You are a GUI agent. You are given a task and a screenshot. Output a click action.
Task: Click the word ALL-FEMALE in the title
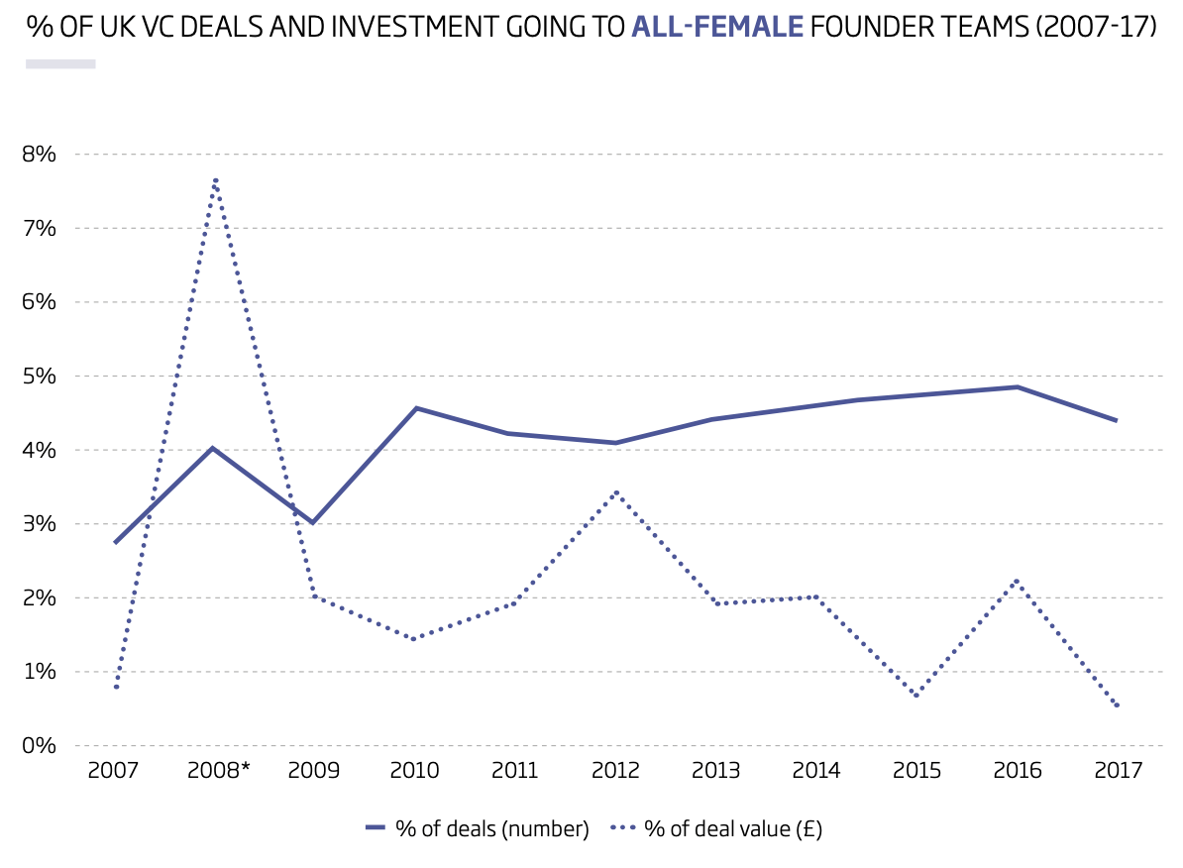pos(716,27)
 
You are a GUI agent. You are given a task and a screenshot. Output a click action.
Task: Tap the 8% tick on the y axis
pos(40,154)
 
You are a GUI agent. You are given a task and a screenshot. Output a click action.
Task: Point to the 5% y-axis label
pos(40,376)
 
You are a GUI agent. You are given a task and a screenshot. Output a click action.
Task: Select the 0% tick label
pos(40,746)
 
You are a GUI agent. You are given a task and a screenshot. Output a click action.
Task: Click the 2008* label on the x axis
pos(218,770)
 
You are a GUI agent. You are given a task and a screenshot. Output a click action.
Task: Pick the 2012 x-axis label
pos(615,770)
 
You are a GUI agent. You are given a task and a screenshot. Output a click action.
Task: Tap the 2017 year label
pos(1119,770)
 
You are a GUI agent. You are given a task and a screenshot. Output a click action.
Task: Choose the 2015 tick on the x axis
pos(917,770)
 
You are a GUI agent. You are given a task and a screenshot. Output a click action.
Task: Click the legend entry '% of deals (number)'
pos(478,828)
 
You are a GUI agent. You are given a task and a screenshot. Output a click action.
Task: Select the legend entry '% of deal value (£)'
pos(716,828)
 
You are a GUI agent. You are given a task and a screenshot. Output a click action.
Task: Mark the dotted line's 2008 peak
pos(215,180)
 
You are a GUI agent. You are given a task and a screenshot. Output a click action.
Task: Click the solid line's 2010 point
pos(416,408)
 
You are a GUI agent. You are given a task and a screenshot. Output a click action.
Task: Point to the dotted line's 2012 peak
pos(616,492)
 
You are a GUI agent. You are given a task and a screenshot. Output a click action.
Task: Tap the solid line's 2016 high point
pos(1018,387)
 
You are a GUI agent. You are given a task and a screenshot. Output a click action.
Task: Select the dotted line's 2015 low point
pos(916,696)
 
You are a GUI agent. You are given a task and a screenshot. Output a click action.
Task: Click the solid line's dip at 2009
pos(312,522)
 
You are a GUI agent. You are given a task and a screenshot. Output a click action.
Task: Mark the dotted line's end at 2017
pos(1118,706)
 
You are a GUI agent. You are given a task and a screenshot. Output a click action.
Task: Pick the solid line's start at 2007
pos(115,543)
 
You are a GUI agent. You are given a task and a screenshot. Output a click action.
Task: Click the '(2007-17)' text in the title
pos(1096,27)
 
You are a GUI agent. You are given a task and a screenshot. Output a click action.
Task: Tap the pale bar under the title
pos(60,64)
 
